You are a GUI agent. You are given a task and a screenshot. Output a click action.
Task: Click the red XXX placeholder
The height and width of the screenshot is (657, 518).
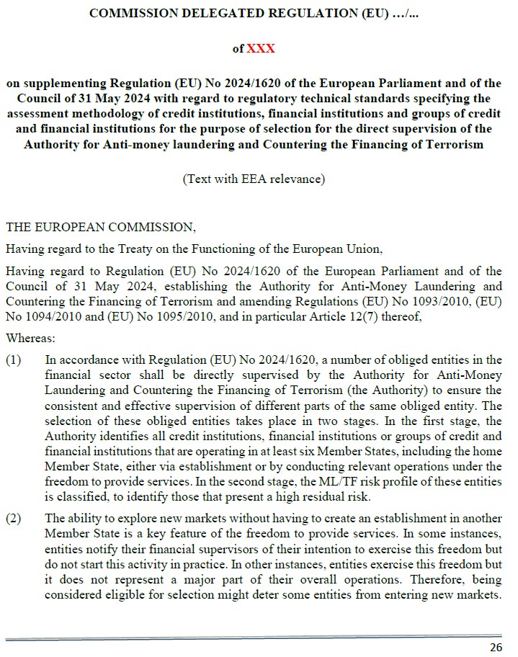point(261,49)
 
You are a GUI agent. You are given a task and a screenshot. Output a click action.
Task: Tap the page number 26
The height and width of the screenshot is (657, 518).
point(496,646)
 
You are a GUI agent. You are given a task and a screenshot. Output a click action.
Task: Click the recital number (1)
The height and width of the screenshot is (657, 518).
point(14,360)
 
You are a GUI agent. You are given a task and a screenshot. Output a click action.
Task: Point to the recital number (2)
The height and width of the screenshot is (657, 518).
point(14,517)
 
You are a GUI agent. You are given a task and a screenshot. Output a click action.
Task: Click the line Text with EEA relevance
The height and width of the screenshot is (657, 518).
point(254,179)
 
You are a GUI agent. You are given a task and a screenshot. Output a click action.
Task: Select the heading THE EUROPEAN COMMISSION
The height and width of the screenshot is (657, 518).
point(100,227)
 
